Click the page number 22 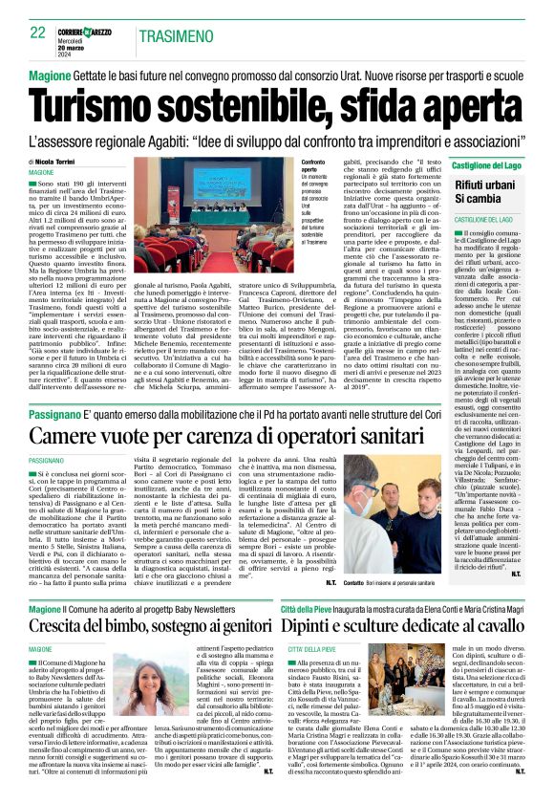point(37,33)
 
